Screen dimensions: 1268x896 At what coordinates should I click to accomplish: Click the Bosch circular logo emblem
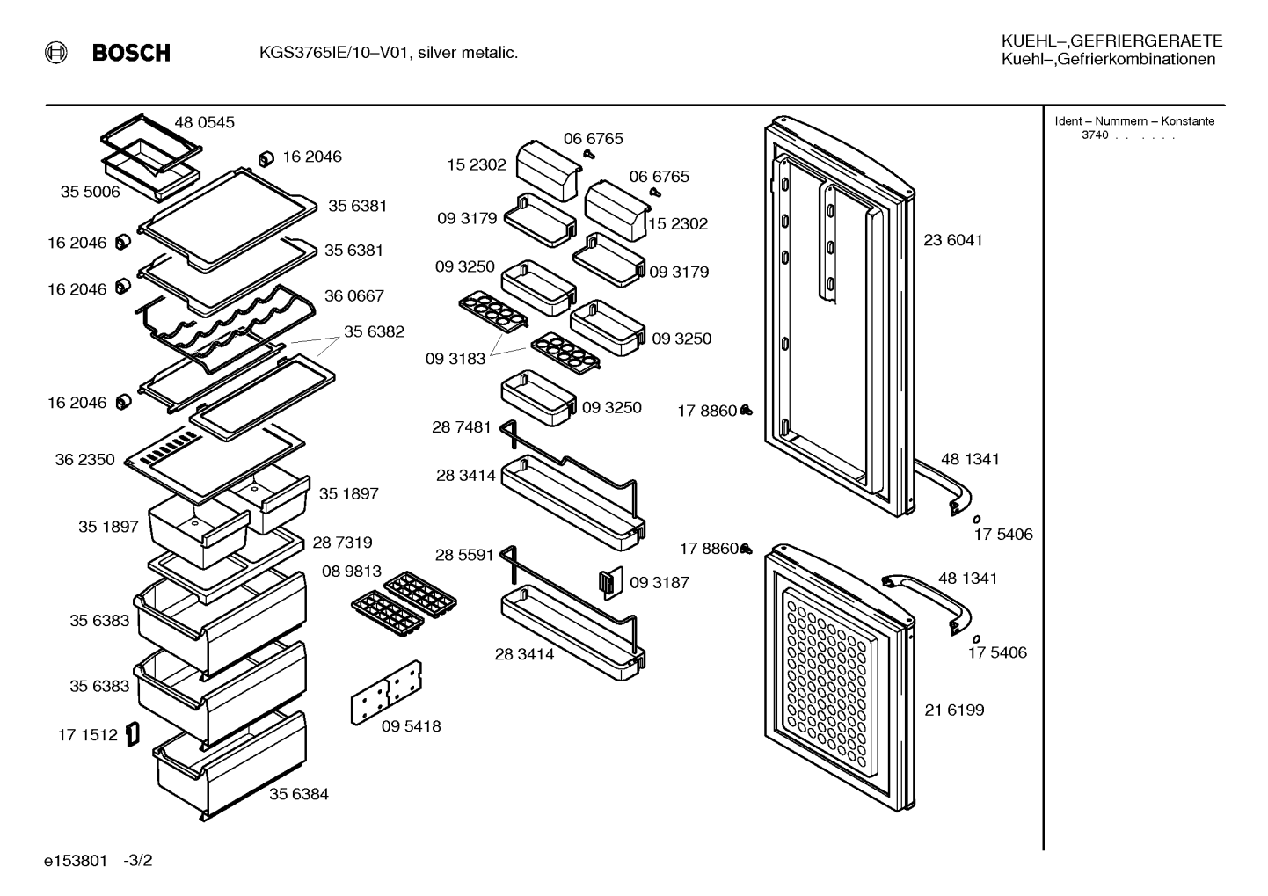pyautogui.click(x=56, y=53)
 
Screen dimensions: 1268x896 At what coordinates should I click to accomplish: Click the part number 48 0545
pyautogui.click(x=204, y=122)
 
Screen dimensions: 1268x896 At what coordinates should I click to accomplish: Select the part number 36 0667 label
pyautogui.click(x=353, y=295)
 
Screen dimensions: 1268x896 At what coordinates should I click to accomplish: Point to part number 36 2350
pyautogui.click(x=85, y=459)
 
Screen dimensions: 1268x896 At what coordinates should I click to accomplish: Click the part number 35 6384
pyautogui.click(x=299, y=793)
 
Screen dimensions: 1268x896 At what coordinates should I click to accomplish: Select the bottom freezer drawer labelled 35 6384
pyautogui.click(x=230, y=765)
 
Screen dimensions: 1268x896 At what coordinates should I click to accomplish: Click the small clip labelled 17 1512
pyautogui.click(x=133, y=734)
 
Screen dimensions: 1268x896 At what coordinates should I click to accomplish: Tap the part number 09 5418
pyautogui.click(x=411, y=725)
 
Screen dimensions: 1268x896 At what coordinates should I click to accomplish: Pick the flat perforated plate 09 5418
pyautogui.click(x=387, y=692)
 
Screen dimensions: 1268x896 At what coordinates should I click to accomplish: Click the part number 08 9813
pyautogui.click(x=352, y=572)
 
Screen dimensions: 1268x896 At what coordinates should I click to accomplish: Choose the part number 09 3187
pyautogui.click(x=660, y=582)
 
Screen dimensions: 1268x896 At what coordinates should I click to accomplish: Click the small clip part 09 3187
pyautogui.click(x=611, y=583)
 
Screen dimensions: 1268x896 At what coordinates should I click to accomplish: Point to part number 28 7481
pyautogui.click(x=462, y=426)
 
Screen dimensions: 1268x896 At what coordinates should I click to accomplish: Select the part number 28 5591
pyautogui.click(x=464, y=555)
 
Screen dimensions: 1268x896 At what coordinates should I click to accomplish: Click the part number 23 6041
pyautogui.click(x=952, y=240)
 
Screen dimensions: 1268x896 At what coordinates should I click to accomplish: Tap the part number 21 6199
pyautogui.click(x=954, y=710)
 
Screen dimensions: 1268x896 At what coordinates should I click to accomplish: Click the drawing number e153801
pyautogui.click(x=76, y=861)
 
